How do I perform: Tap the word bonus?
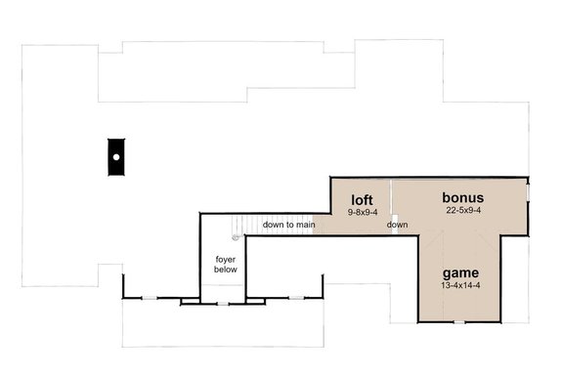pos(462,197)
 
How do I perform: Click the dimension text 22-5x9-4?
pos(462,210)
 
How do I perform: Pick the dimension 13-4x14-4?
pos(458,286)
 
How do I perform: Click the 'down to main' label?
pos(288,226)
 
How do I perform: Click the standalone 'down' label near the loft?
pos(397,226)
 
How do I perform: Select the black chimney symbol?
pos(115,155)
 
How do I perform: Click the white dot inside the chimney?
pos(115,156)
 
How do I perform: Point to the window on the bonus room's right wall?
pos(527,193)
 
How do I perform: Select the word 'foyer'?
pos(226,259)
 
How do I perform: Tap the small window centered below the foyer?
pos(223,304)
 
